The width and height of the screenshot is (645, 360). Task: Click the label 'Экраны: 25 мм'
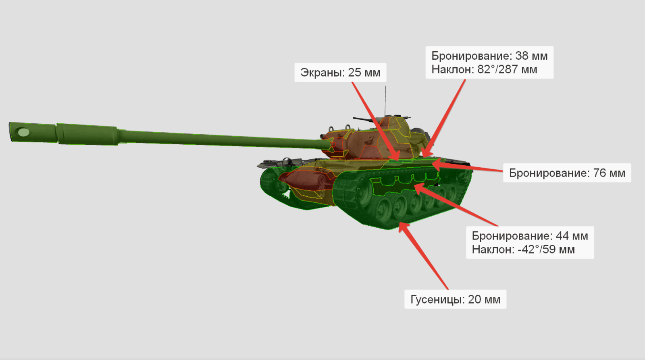340,73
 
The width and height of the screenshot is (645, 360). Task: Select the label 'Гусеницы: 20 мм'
455,299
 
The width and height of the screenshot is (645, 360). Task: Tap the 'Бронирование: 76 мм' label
567,173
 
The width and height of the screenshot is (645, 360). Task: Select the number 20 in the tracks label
474,300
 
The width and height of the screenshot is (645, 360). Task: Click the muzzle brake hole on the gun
24,133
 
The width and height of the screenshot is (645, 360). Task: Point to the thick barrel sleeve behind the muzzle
87,134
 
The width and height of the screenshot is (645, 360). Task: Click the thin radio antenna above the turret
385,101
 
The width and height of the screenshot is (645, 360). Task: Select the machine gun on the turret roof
364,119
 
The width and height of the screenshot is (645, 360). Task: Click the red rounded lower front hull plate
307,179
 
